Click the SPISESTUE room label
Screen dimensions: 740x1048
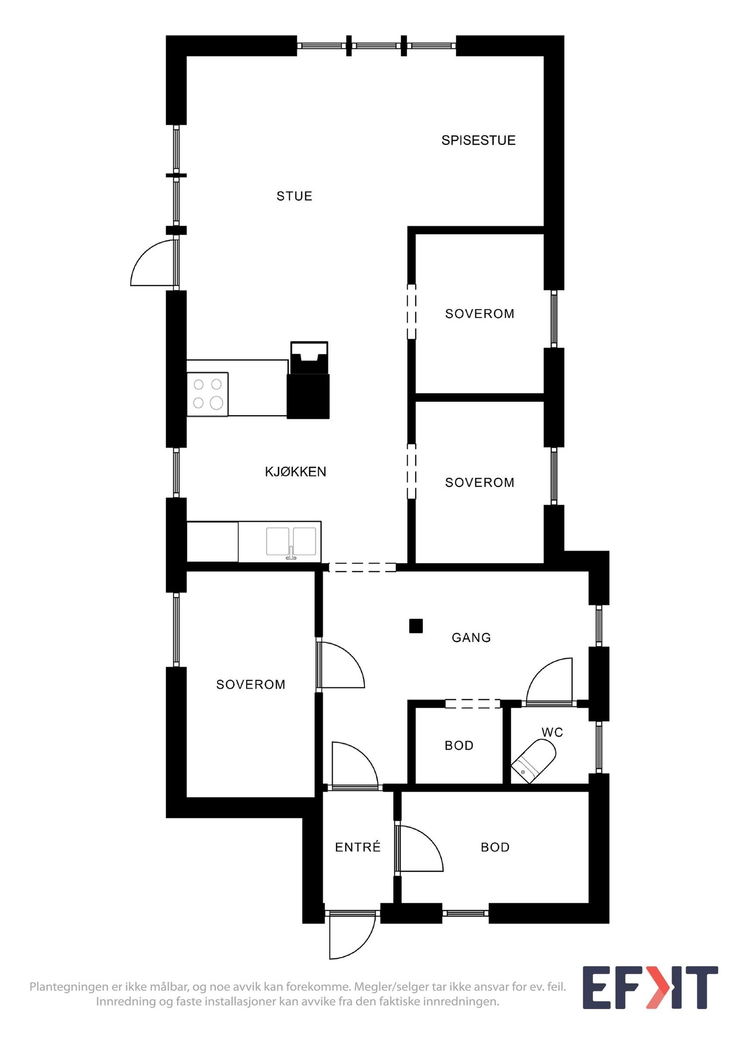pos(478,140)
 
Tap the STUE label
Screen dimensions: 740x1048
pos(294,196)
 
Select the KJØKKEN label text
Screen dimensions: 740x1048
pos(296,472)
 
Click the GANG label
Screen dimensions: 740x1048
pos(471,638)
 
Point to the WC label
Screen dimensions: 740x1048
pos(552,732)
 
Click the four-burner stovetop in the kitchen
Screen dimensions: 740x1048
pos(208,394)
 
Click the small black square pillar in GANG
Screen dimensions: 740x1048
pos(416,626)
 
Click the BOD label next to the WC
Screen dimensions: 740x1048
pos(459,746)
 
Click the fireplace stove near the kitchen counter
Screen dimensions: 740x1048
pos(308,380)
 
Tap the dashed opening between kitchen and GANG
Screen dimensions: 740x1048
pos(362,567)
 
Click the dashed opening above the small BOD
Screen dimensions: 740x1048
pos(473,704)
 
